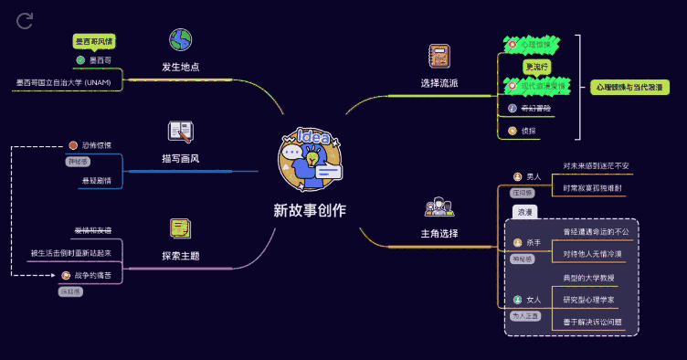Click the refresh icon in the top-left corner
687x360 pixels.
[x=25, y=20]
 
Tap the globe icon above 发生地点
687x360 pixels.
[x=181, y=39]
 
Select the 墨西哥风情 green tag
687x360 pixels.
[x=94, y=41]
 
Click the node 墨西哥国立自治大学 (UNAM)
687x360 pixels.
[x=63, y=82]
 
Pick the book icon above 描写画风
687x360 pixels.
[x=181, y=132]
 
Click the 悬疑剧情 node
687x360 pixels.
[x=96, y=180]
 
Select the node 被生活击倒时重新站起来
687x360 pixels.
[x=77, y=252]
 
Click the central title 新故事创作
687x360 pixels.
[x=310, y=209]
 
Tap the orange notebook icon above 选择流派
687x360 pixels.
[x=439, y=57]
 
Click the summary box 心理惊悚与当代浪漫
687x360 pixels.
[x=629, y=88]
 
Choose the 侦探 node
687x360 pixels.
[x=528, y=131]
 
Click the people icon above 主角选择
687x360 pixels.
[x=439, y=206]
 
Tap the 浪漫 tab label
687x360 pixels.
[x=524, y=211]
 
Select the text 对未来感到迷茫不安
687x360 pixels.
[x=596, y=165]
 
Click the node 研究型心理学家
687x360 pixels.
[x=588, y=299]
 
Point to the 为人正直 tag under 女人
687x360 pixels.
[x=524, y=316]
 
